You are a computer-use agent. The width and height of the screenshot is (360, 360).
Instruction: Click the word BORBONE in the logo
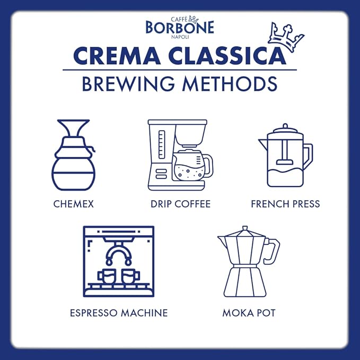point(180,27)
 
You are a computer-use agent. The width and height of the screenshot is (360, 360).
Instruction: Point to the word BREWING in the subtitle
point(129,84)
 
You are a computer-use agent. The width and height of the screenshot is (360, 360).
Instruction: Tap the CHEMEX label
point(73,204)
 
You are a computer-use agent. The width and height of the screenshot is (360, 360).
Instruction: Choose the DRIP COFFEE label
point(180,204)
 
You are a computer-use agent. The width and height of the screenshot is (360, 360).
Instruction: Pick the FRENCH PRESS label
point(285,204)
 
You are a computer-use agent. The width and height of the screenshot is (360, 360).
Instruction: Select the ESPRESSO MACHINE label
point(119,313)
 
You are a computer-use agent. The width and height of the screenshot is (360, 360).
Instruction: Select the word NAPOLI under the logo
point(180,38)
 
